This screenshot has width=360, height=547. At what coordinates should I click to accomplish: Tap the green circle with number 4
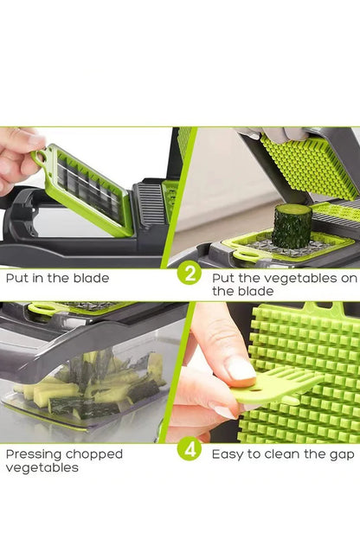pyautogui.click(x=189, y=450)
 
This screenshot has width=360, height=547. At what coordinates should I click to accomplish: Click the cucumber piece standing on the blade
pyautogui.click(x=291, y=227)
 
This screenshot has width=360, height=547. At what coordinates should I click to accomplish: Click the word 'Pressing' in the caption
pyautogui.click(x=34, y=454)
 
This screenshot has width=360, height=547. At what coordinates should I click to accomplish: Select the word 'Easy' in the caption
pyautogui.click(x=228, y=453)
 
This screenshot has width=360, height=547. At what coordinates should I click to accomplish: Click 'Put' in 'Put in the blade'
pyautogui.click(x=18, y=279)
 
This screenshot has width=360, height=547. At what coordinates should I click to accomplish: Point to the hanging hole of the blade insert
pyautogui.click(x=40, y=157)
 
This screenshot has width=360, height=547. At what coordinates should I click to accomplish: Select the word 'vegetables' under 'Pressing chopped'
pyautogui.click(x=42, y=467)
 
